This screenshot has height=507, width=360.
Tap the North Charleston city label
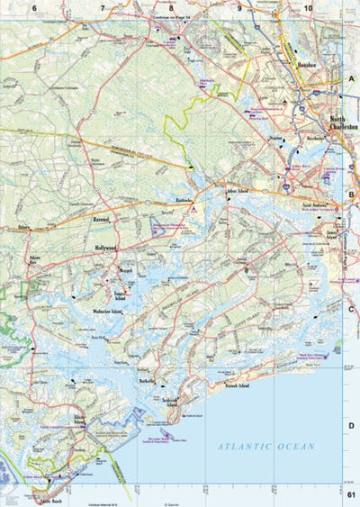click(342, 124)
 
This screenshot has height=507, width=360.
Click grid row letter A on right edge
click(351, 79)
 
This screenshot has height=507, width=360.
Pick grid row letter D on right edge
click(351, 426)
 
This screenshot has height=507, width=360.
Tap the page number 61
click(351, 495)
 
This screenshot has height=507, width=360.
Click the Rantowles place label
click(184, 200)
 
